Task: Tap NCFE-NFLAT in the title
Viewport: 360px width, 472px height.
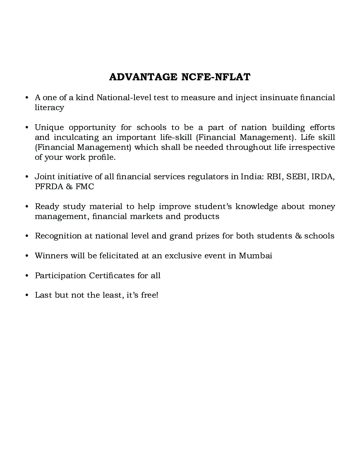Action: click(216, 77)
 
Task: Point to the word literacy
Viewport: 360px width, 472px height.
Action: click(49, 108)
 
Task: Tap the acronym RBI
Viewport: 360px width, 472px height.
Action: click(275, 177)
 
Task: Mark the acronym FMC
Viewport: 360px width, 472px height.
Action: click(85, 187)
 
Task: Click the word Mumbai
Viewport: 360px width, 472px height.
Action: click(255, 255)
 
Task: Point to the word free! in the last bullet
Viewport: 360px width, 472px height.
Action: click(150, 295)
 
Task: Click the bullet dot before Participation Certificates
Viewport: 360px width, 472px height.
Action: click(26, 276)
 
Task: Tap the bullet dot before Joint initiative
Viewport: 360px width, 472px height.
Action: click(26, 177)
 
